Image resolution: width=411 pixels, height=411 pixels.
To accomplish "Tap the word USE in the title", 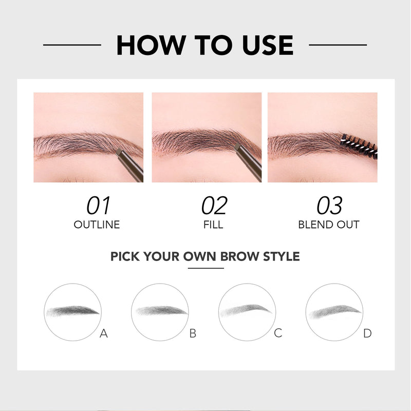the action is pos(268,45).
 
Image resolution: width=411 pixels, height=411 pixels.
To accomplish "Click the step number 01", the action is pos(98,206).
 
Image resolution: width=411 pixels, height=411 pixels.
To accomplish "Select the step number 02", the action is pos(214,206).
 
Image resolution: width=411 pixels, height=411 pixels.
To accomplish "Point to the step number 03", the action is pos(329,206).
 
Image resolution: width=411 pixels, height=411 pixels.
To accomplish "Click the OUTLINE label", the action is pos(97,225).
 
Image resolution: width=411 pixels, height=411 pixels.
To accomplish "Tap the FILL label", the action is pos(213,225).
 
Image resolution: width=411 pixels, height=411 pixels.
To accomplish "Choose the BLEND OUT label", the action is pos(329,225).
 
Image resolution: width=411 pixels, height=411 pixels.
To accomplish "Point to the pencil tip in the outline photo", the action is pos(119,152).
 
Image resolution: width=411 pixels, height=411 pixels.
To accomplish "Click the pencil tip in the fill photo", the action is pos(237,147).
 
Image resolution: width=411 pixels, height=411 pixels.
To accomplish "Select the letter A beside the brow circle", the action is pos(104,333).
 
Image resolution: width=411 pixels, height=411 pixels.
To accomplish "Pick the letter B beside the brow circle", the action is pos(193,333).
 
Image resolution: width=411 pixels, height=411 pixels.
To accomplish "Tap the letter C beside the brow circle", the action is pos(278,333).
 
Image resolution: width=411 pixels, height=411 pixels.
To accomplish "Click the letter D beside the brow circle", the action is pos(367,333).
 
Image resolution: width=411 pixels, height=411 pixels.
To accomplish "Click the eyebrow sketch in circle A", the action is pos(72,311).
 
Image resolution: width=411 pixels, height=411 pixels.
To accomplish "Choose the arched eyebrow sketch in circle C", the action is pos(247,310).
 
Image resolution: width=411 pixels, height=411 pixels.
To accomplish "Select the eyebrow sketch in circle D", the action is pos(335,311).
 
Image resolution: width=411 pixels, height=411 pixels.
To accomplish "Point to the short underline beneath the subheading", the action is pos(206,268).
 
